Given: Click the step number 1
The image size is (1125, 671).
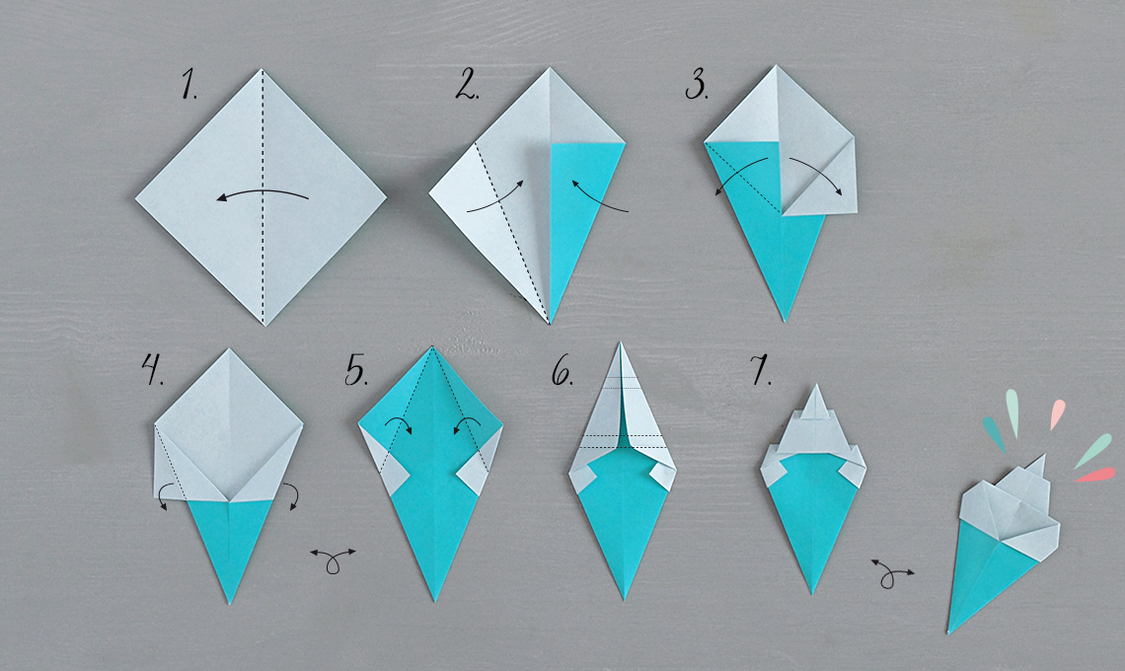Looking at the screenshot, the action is [188, 84].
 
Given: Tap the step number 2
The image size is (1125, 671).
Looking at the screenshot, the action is [467, 85].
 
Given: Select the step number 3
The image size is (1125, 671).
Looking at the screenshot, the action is [696, 85].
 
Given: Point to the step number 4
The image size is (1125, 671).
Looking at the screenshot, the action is [153, 370].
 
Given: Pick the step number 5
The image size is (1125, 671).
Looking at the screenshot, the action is [356, 371].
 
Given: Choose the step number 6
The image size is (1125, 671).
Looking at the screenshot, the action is [562, 371].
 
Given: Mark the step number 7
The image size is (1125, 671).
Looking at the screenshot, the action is [761, 371].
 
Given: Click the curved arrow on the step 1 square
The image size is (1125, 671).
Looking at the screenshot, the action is [262, 191].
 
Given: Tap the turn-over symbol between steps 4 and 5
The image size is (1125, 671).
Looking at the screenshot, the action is [333, 559].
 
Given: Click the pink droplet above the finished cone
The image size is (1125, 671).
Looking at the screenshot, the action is [1058, 413].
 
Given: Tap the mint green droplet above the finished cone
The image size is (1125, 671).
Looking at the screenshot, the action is [1012, 411].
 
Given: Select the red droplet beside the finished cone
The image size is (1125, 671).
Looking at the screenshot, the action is [1095, 475].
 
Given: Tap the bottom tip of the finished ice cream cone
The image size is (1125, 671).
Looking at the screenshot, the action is [948, 633].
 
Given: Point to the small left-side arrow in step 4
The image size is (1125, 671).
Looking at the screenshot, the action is [162, 495].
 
